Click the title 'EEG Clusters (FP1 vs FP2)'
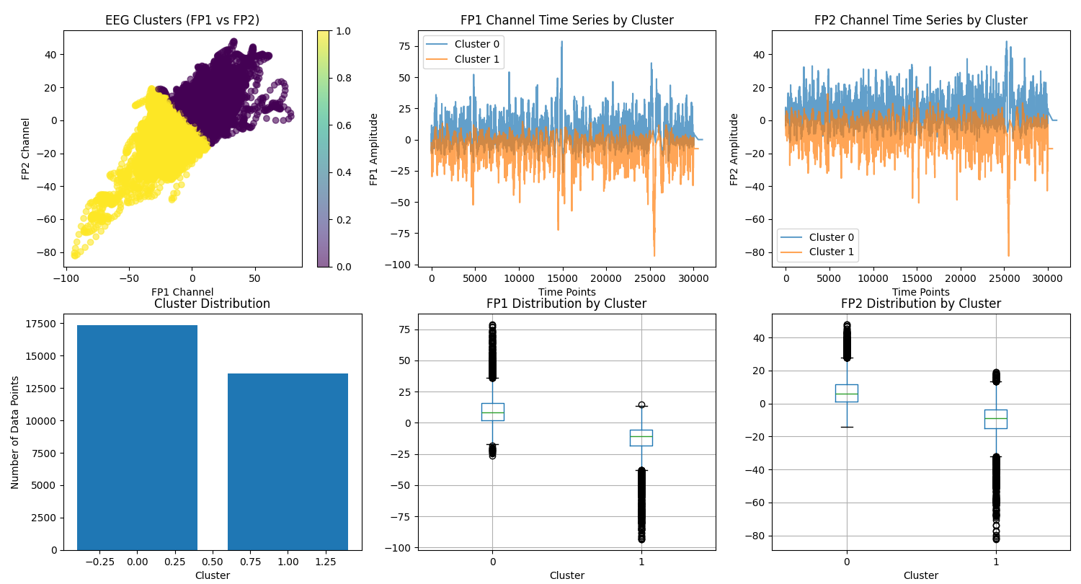182,20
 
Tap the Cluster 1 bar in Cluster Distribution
288,461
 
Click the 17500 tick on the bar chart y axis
40,324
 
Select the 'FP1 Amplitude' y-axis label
374,149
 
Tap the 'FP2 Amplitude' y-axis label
734,149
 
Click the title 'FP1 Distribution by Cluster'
566,304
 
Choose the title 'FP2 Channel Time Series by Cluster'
920,20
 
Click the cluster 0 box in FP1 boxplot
492,412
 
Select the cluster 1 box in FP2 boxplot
995,419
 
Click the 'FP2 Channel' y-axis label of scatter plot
26,149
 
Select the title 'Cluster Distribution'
212,304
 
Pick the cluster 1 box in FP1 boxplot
641,438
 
